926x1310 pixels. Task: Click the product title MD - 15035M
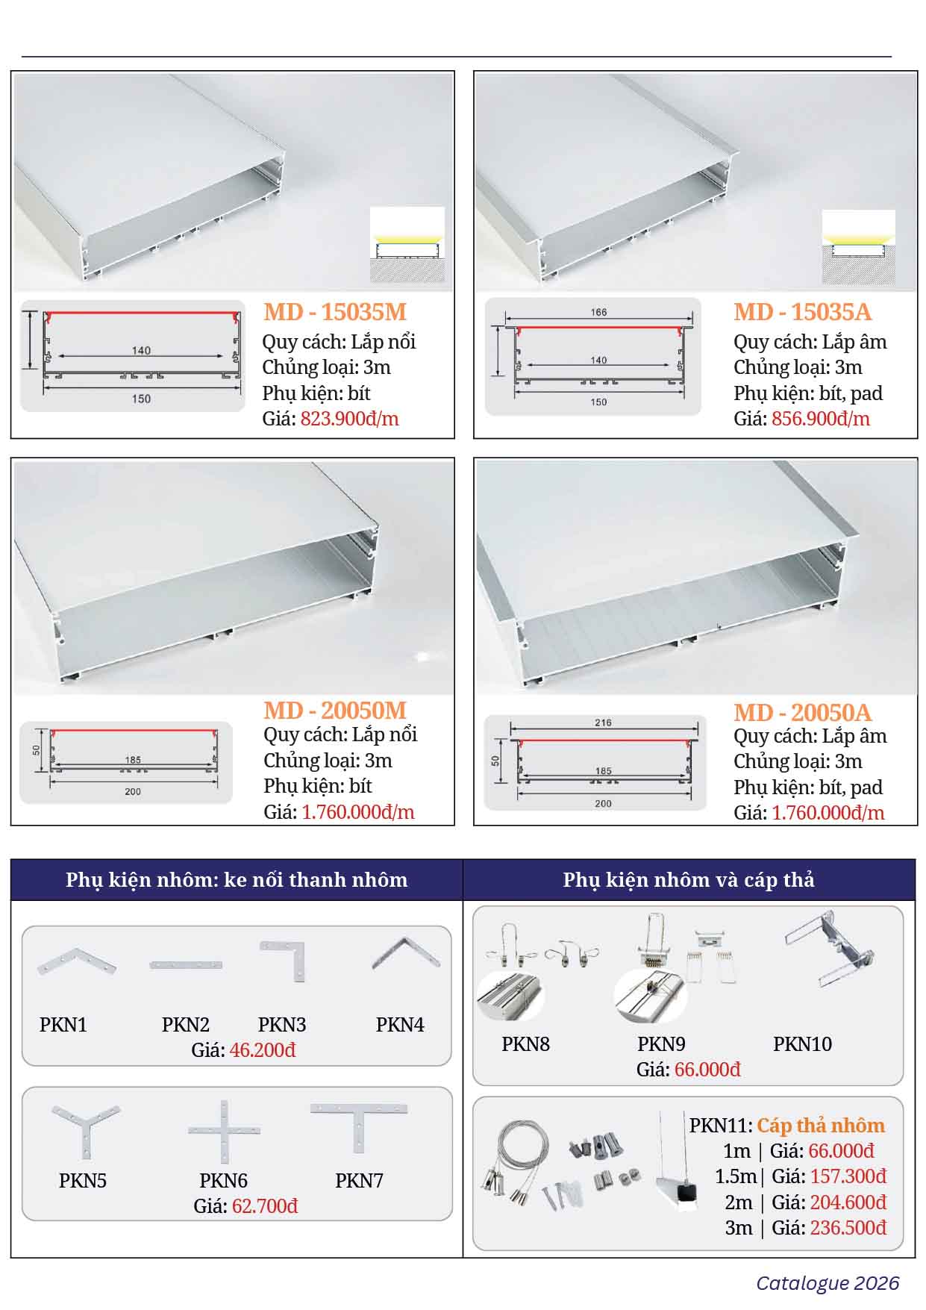tap(335, 312)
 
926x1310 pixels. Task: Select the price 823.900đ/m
tap(350, 419)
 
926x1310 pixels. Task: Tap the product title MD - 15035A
tap(803, 312)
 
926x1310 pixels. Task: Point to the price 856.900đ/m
tap(821, 419)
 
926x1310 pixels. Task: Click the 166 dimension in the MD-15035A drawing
tap(599, 312)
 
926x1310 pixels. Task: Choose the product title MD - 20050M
tap(335, 711)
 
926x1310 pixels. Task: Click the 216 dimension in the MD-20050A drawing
tap(604, 723)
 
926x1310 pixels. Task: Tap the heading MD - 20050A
tap(803, 713)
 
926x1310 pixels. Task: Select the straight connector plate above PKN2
tap(186, 965)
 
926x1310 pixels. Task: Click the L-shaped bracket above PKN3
tap(284, 961)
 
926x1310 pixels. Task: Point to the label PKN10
tap(802, 1044)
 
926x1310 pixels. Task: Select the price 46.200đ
tap(263, 1050)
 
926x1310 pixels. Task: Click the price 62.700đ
tap(265, 1206)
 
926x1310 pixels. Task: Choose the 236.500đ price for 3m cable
tap(848, 1228)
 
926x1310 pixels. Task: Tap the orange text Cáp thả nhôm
tap(821, 1126)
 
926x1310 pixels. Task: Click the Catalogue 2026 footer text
tap(828, 1283)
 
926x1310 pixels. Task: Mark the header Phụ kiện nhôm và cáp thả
tap(689, 880)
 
